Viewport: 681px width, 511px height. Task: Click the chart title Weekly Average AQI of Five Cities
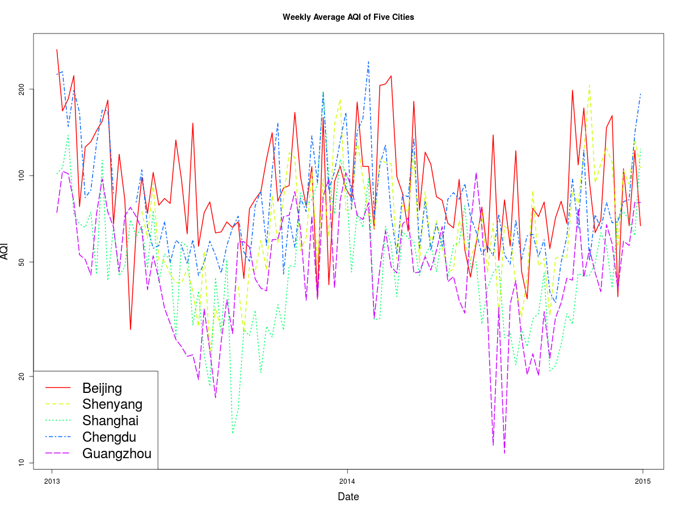348,17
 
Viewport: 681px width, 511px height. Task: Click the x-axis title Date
348,497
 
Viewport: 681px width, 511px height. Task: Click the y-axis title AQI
5,251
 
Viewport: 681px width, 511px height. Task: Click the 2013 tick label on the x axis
52,481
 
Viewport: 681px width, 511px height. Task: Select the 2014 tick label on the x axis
347,481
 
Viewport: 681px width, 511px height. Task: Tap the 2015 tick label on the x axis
642,481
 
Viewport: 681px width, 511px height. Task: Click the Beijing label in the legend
102,388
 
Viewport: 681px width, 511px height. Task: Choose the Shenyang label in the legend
112,404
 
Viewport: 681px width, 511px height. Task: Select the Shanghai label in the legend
110,421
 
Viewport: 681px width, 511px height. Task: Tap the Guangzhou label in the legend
117,454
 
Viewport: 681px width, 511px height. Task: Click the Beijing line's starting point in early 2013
57,50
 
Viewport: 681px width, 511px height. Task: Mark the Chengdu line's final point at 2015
641,94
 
